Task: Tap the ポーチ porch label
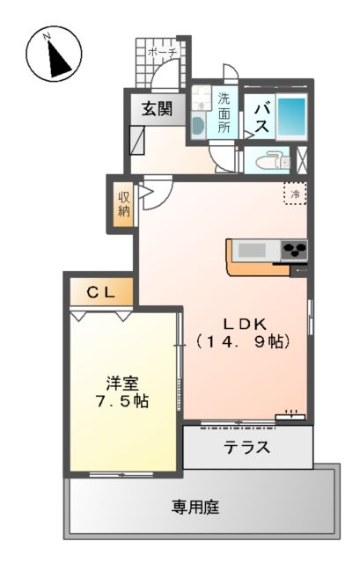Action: (x=163, y=53)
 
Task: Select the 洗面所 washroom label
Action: (x=224, y=113)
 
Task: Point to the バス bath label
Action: (x=261, y=116)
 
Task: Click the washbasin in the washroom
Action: (x=198, y=124)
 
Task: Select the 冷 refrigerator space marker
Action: (x=296, y=194)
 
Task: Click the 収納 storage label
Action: (x=124, y=204)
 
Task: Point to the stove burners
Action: (x=295, y=251)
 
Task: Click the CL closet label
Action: (x=100, y=291)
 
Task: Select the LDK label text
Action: (x=244, y=322)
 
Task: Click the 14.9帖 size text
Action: (x=244, y=340)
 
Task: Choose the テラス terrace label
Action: (x=246, y=447)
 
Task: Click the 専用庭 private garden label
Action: (x=195, y=507)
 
